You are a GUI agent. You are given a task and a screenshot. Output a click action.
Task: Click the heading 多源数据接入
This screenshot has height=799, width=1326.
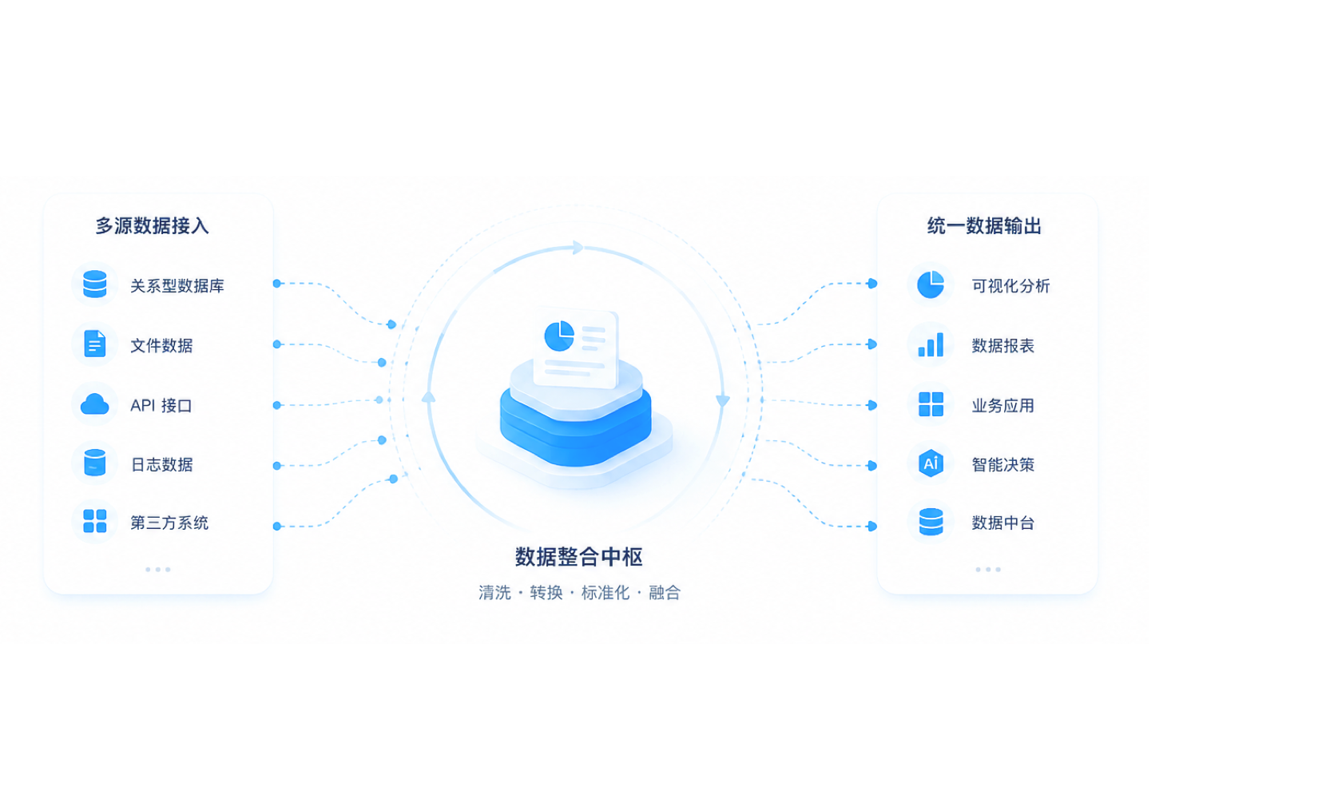[x=152, y=225]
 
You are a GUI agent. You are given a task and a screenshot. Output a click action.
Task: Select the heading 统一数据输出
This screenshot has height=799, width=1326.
[x=984, y=225]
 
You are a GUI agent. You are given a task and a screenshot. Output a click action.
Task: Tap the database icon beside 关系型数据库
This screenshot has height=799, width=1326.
[x=95, y=284]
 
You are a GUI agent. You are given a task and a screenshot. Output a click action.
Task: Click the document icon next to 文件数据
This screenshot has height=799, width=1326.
[x=95, y=344]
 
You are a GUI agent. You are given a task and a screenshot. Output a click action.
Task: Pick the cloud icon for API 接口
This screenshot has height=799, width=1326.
[x=95, y=404]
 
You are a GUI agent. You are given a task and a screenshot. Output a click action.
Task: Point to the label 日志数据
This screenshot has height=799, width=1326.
[x=161, y=464]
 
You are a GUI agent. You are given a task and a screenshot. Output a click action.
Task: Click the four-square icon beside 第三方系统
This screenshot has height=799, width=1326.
[x=95, y=521]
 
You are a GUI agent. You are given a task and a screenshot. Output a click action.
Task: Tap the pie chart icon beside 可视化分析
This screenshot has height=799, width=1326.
[x=931, y=284]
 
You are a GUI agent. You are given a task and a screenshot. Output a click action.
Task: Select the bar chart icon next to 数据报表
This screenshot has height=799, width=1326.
[x=931, y=344]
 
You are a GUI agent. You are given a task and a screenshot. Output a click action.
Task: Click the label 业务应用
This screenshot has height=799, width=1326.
[x=1002, y=406]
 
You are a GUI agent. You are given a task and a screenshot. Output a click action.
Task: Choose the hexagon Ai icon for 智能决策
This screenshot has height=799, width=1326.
[x=931, y=463]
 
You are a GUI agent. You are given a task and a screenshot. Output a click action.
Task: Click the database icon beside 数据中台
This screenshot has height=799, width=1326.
[x=931, y=521]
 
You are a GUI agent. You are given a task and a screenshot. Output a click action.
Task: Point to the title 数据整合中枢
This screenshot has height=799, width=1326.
[x=578, y=557]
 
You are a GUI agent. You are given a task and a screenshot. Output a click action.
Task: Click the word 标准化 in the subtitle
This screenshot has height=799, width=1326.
[x=605, y=593]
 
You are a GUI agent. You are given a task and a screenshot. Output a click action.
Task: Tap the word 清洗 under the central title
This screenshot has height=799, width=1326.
[x=494, y=593]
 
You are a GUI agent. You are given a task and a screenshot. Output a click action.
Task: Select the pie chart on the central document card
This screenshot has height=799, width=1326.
[x=559, y=336]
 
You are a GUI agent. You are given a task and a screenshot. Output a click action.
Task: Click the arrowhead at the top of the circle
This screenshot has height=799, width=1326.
[x=578, y=248]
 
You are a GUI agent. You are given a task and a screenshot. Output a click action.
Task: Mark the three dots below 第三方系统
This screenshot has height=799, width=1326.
[x=158, y=570]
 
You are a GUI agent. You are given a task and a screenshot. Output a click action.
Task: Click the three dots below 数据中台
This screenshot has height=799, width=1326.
[x=988, y=570]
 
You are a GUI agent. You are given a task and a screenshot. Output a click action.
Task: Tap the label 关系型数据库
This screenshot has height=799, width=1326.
[x=177, y=286]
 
